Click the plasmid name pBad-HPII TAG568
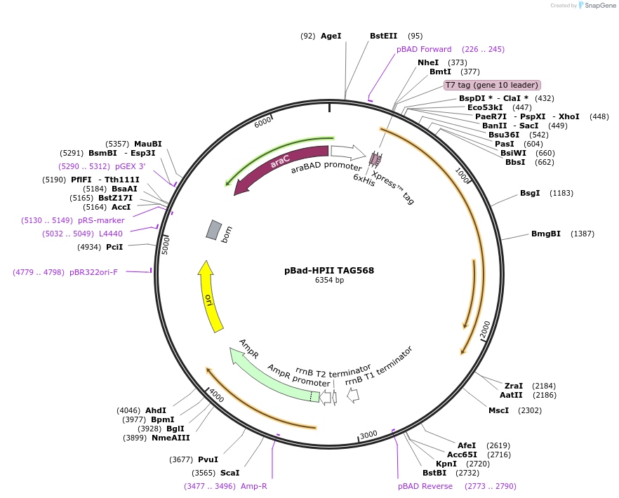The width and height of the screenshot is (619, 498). coord(328,270)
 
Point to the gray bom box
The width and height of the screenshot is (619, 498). coord(214,230)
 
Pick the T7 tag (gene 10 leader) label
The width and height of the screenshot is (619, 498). coord(492,85)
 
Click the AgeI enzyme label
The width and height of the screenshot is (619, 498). coord(331,36)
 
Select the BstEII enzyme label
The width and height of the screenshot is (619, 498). coord(383,36)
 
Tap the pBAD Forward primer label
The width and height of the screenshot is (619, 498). coord(424,49)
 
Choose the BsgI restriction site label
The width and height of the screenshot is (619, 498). coord(530,193)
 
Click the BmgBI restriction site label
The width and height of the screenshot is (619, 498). coord(546,234)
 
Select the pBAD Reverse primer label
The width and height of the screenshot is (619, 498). coord(425,486)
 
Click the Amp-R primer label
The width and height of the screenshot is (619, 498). coord(253,486)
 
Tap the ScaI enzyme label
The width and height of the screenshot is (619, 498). coord(229,473)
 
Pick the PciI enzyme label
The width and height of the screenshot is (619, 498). coord(114,247)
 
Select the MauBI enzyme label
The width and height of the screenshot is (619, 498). coord(147,144)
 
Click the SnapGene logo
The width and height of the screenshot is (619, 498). coord(596,5)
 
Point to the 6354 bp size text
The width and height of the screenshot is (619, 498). coord(329,281)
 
